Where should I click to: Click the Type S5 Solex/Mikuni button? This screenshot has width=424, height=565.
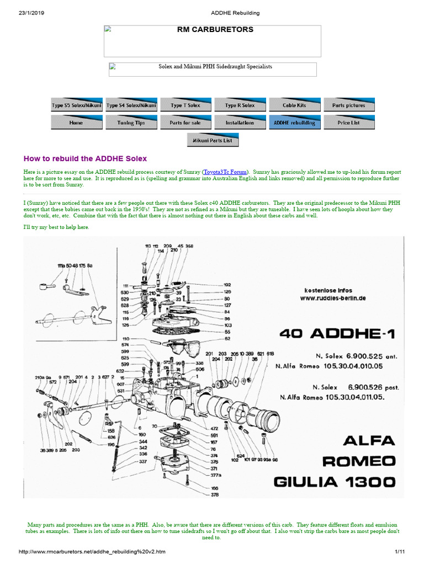(x=76, y=105)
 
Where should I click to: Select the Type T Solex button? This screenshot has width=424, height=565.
(x=185, y=105)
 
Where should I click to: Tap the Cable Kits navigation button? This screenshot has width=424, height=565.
(x=294, y=105)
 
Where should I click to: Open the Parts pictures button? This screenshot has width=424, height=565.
(x=348, y=105)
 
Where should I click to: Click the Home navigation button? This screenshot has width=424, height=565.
(x=76, y=122)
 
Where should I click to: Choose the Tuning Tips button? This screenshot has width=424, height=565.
(x=131, y=122)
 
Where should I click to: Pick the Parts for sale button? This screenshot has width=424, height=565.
(x=185, y=122)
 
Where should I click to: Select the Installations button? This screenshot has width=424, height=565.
(x=240, y=122)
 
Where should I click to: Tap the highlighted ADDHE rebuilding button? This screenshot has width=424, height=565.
(x=294, y=122)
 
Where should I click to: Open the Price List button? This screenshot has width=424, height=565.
(x=348, y=122)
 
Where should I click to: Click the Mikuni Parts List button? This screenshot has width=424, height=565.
(x=213, y=140)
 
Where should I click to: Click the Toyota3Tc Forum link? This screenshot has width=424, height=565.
(x=225, y=172)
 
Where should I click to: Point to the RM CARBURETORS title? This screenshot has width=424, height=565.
(x=215, y=30)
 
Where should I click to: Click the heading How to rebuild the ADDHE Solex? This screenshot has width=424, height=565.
(x=85, y=158)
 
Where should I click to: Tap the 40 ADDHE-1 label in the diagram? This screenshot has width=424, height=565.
(x=341, y=334)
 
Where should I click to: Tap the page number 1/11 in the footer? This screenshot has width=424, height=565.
(x=400, y=552)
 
